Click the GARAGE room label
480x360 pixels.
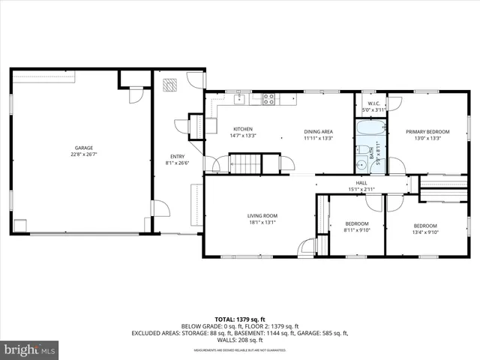tap(82, 148)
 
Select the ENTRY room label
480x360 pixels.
tap(178, 157)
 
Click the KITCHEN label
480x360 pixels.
tap(242, 129)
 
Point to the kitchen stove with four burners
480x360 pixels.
tap(269, 97)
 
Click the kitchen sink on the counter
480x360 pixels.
tap(240, 97)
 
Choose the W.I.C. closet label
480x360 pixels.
tap(373, 103)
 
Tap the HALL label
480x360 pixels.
tap(361, 182)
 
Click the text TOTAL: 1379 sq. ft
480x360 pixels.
tap(240, 318)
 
